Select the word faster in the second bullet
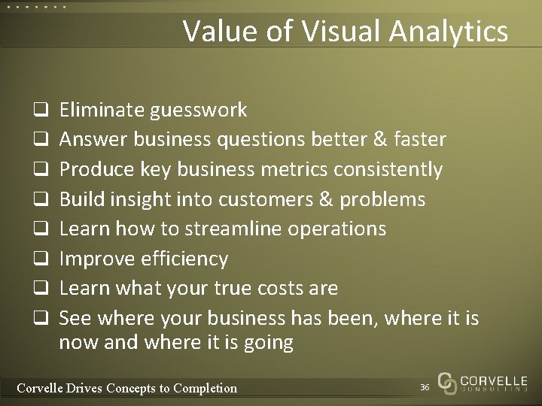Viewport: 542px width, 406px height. pos(419,140)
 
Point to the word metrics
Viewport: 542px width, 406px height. pos(291,170)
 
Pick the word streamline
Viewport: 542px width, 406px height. pos(248,229)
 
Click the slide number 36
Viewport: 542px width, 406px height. pos(425,387)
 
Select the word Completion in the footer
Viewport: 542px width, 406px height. pos(205,389)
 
